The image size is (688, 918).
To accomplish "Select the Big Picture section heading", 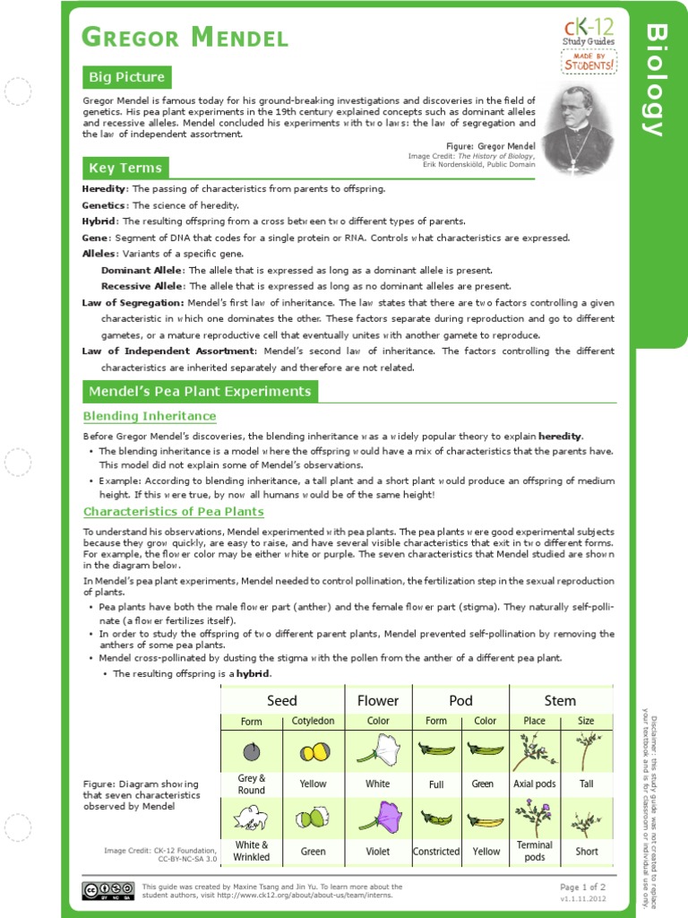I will pos(125,77).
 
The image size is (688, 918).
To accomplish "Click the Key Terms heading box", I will pos(125,168).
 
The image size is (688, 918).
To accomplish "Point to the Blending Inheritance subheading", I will pos(150,416).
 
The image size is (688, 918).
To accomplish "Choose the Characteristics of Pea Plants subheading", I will pos(173,512).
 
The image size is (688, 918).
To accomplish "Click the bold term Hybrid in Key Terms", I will pos(99,221).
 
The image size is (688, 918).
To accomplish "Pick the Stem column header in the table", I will pos(560,700).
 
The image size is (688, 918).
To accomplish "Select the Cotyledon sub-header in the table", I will pos(313,721).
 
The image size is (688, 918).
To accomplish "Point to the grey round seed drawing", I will pos(252,750).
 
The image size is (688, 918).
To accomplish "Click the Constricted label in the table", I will pos(436,852).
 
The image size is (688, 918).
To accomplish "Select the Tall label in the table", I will pos(586,784).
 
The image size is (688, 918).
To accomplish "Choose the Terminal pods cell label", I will pos(535,851).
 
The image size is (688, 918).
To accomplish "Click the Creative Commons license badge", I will pos(101,890).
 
